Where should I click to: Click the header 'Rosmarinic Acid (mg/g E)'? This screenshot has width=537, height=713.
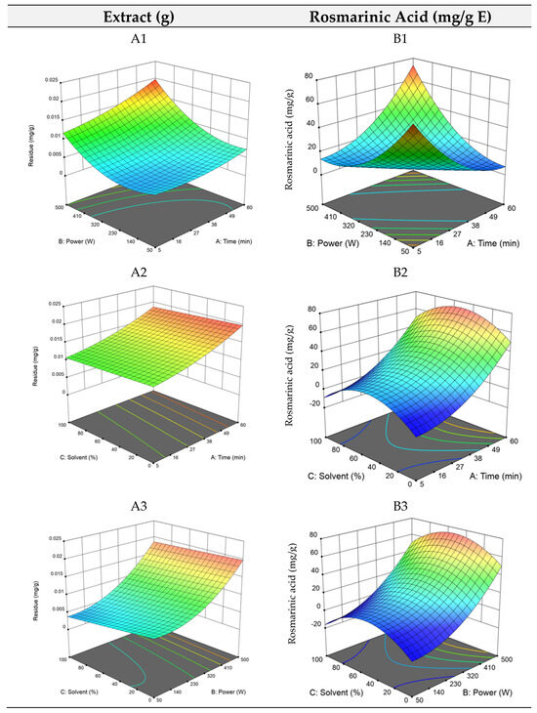(x=399, y=17)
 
